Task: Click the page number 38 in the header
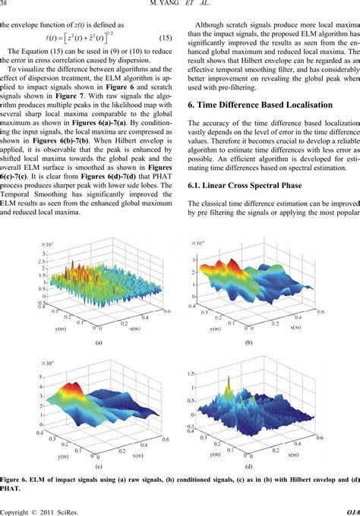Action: point(5,7)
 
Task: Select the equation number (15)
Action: point(169,59)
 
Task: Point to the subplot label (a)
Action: point(98,342)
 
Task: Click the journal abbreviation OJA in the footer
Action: point(352,510)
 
